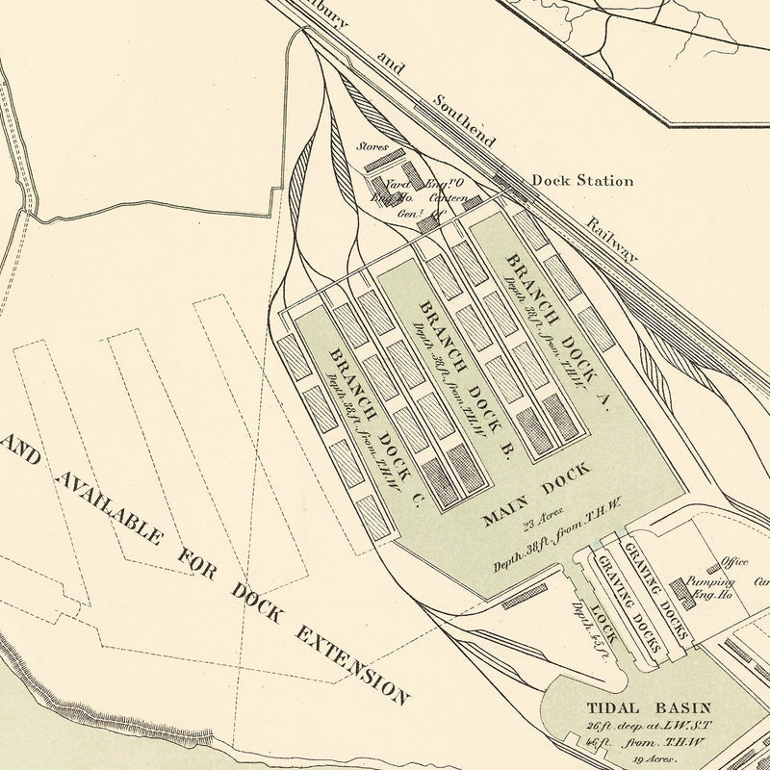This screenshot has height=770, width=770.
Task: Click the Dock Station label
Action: tap(582, 180)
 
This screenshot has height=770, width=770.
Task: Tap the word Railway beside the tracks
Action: tap(610, 238)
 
